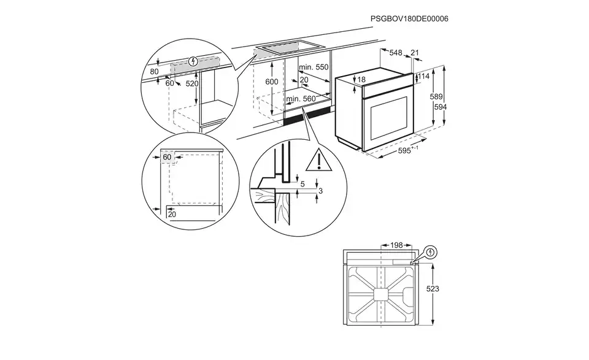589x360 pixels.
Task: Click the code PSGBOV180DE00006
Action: point(409,19)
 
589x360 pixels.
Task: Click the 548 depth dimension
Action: point(395,53)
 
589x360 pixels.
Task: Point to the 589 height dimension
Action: point(436,96)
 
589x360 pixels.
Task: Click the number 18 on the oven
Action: point(361,80)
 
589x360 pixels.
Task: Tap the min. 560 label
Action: point(300,98)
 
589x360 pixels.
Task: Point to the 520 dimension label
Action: point(193,83)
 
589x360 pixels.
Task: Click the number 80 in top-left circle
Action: point(154,72)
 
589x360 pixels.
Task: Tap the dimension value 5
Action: point(301,183)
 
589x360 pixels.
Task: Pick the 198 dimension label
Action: point(396,245)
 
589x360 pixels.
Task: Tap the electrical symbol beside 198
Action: point(431,251)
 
